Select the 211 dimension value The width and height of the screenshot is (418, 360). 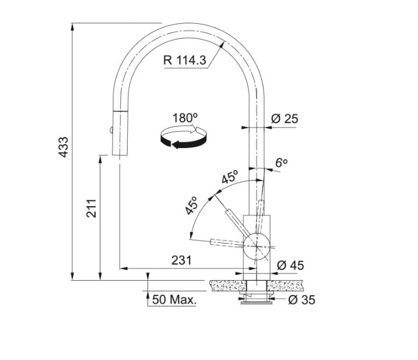pos(92,208)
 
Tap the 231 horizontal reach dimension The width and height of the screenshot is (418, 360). pos(181,260)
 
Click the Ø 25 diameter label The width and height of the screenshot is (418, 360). pos(284,119)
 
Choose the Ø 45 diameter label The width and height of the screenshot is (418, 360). pos(290,266)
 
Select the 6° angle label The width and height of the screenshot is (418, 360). pos(282,163)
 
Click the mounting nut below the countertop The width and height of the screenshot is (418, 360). pos(257,298)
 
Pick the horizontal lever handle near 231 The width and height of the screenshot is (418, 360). pos(227,242)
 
